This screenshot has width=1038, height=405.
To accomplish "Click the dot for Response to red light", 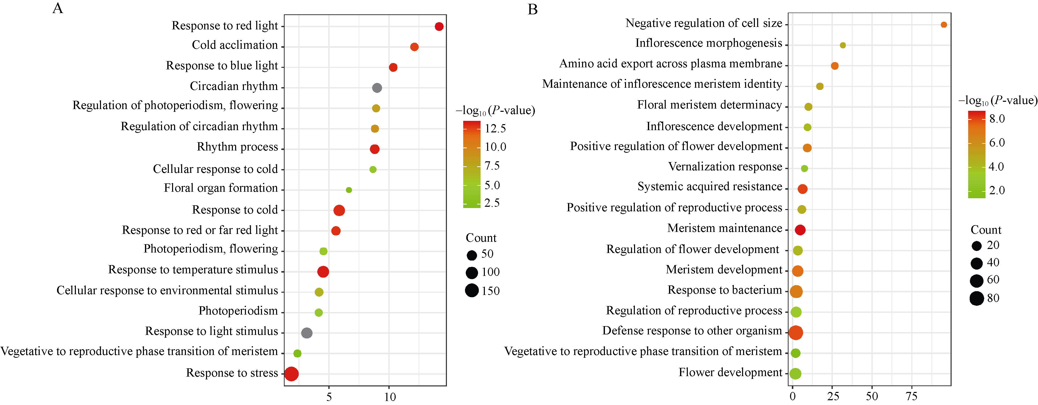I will point(439,27).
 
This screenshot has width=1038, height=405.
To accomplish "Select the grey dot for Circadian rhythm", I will point(377,88).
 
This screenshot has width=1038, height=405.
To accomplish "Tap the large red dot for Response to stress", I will point(291,374).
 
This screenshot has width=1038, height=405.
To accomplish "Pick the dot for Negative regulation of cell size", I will point(944,25).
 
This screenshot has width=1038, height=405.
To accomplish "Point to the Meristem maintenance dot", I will point(800,230).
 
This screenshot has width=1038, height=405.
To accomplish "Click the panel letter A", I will point(58,9).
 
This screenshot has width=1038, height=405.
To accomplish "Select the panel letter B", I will point(533,9).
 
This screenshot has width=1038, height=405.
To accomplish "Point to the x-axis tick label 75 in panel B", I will point(911,396).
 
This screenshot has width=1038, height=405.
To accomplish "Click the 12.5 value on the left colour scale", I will point(495,129).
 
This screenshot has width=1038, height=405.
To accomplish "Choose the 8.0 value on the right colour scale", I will point(997,119).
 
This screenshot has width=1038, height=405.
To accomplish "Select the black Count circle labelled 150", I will point(472,290).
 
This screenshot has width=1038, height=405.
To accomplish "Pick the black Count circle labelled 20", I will point(977,246).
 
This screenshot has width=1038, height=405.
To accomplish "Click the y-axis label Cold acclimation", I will point(235,45).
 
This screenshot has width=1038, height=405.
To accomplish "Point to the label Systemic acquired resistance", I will point(710,187).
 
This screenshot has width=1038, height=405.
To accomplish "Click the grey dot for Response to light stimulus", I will point(307,333).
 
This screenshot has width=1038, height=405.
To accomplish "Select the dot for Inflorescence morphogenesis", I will point(843,45).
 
